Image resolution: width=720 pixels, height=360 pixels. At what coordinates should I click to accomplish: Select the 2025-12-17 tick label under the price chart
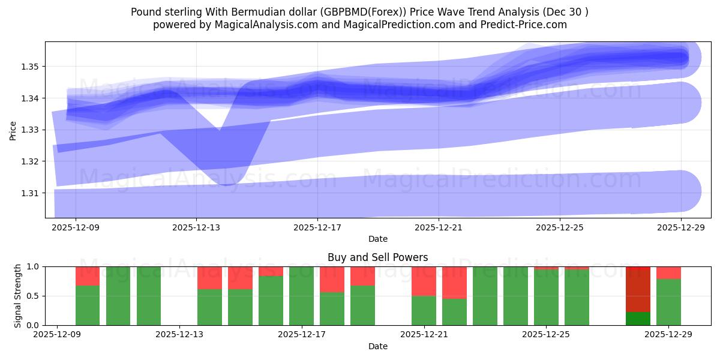tap(317, 228)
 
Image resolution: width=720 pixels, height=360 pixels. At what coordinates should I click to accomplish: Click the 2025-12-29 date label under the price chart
tap(681, 228)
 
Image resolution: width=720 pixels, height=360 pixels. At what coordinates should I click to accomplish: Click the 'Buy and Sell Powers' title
tap(377, 257)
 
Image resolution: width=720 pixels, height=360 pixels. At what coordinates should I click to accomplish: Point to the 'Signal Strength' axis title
tap(18, 295)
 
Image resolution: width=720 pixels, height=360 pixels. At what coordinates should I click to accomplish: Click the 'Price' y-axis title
tap(13, 130)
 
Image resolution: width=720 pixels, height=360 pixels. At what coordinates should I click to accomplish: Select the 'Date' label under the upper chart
tap(377, 239)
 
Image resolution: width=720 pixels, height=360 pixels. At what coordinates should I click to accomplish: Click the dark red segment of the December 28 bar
tap(638, 289)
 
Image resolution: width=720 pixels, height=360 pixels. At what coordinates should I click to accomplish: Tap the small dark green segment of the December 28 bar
tap(638, 319)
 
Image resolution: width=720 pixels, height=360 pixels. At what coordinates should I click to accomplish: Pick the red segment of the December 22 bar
tap(454, 283)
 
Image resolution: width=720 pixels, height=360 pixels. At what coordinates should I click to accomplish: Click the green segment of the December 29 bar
tap(668, 302)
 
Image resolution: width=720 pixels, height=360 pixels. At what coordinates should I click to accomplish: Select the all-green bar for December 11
tap(118, 296)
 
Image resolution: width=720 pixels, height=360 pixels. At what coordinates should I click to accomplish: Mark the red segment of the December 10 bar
tap(88, 276)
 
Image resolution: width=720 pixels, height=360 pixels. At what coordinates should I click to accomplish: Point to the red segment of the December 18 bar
tap(332, 279)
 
